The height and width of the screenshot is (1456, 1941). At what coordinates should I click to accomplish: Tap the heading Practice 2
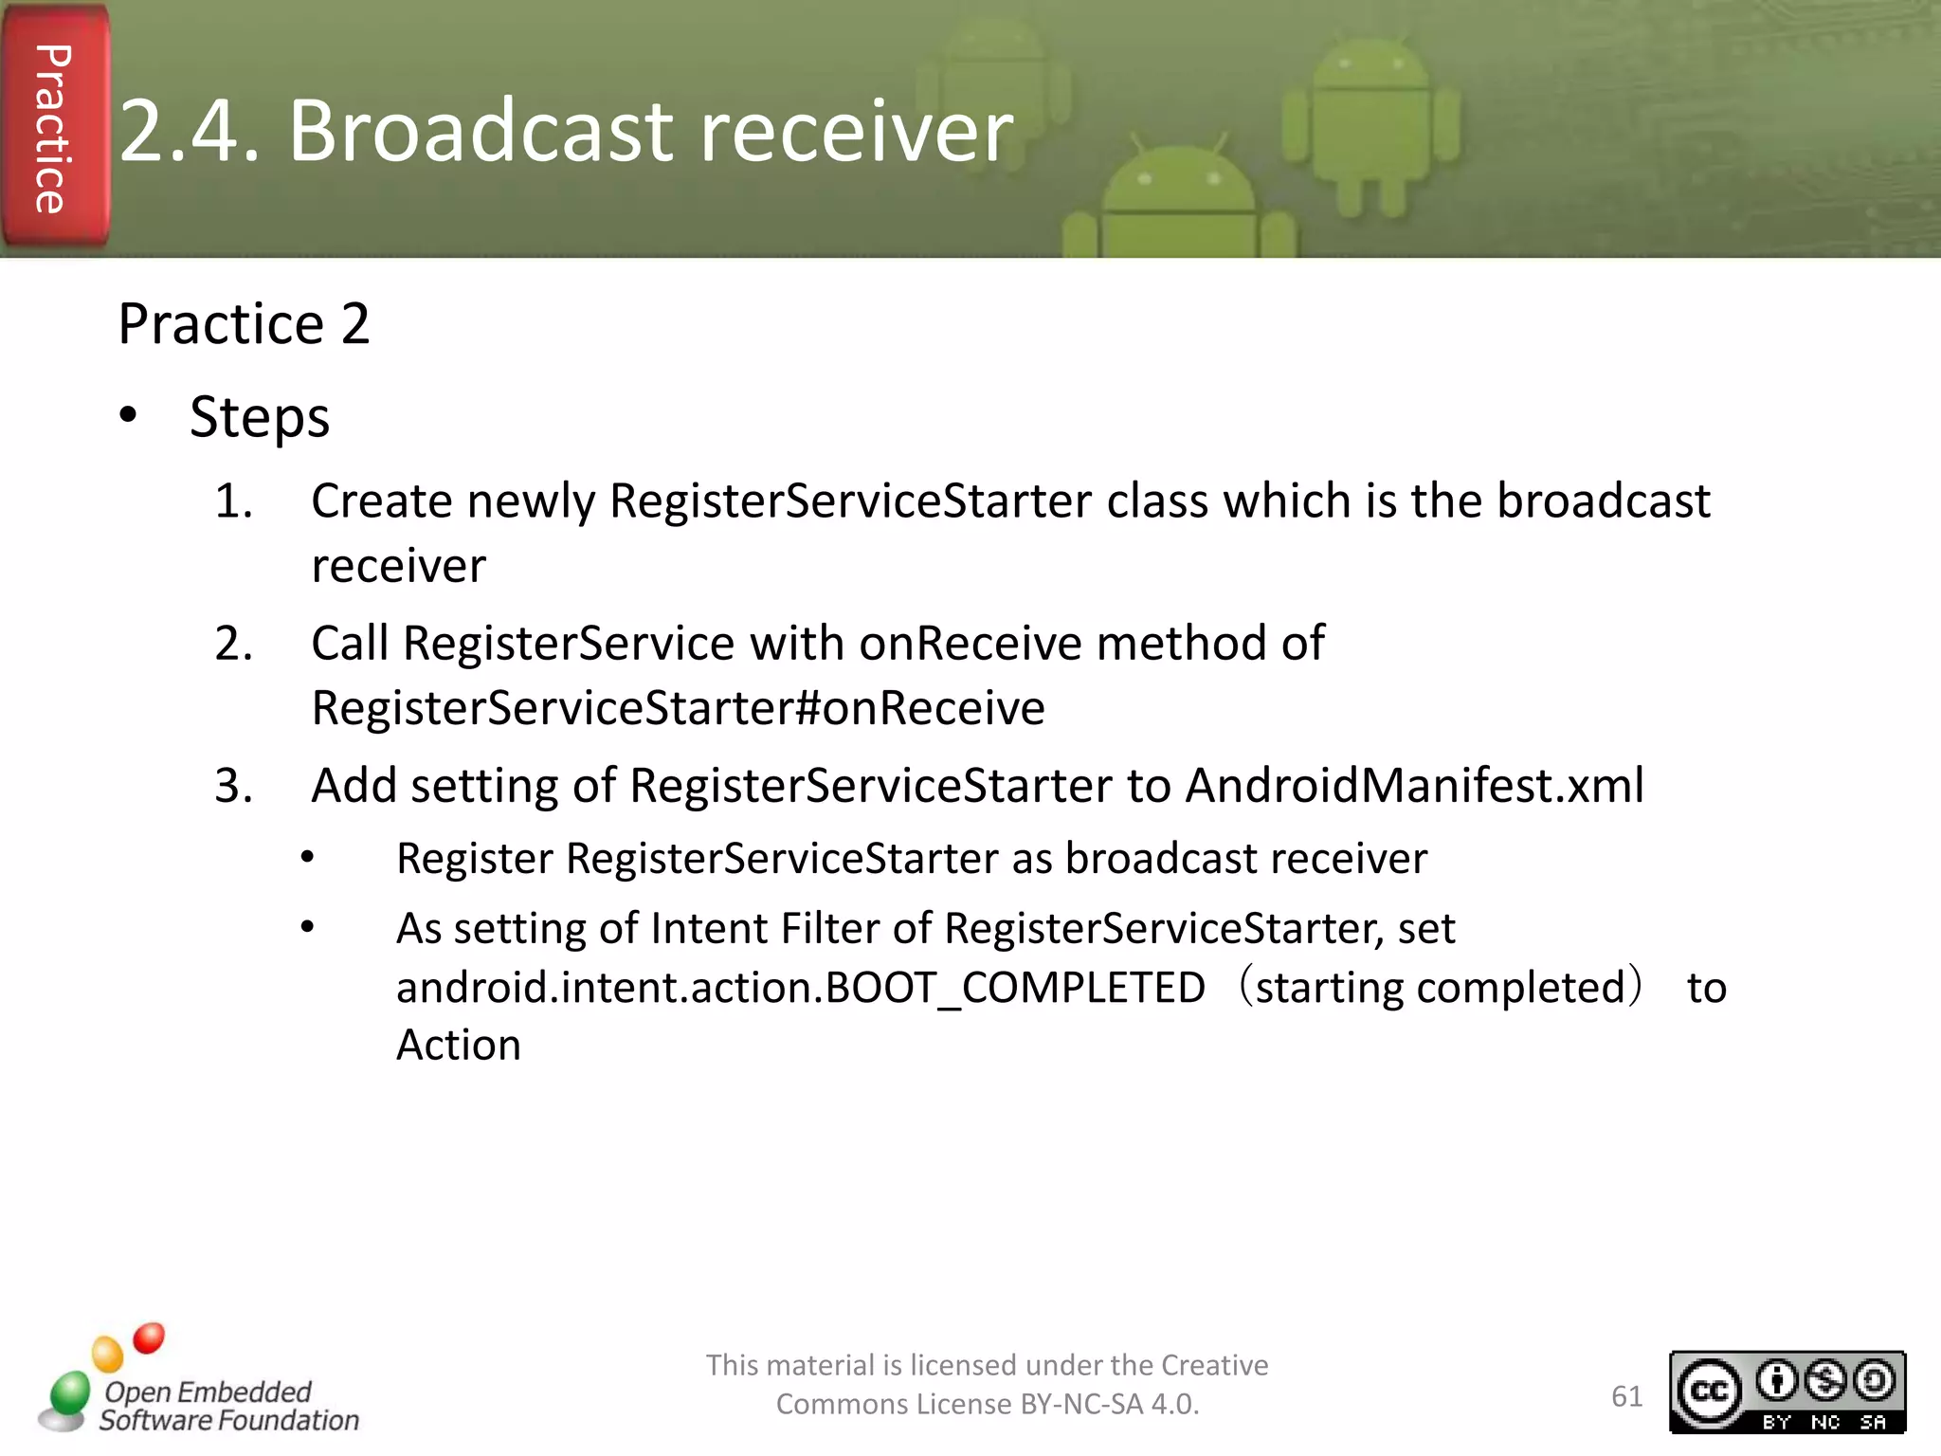point(244,324)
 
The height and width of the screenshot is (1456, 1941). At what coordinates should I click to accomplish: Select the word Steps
point(259,417)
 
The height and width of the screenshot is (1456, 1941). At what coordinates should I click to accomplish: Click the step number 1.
point(232,500)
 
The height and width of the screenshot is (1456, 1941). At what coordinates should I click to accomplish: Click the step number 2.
point(232,644)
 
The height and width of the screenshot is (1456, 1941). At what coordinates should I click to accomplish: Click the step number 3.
point(232,786)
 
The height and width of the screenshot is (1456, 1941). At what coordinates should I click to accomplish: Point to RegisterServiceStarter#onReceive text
point(678,708)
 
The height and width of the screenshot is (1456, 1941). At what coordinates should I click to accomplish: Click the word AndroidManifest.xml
point(1414,786)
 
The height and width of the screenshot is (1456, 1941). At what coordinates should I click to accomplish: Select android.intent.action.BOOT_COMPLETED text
point(800,988)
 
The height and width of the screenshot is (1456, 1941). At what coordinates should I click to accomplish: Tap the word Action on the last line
point(459,1046)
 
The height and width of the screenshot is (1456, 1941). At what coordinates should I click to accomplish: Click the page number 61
point(1626,1396)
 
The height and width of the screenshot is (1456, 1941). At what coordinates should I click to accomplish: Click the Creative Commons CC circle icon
point(1710,1391)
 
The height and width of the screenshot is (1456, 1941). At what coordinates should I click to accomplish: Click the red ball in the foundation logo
point(149,1338)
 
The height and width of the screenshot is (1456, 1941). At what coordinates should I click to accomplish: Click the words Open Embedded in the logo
point(208,1392)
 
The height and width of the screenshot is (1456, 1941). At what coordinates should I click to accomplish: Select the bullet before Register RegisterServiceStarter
point(307,858)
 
